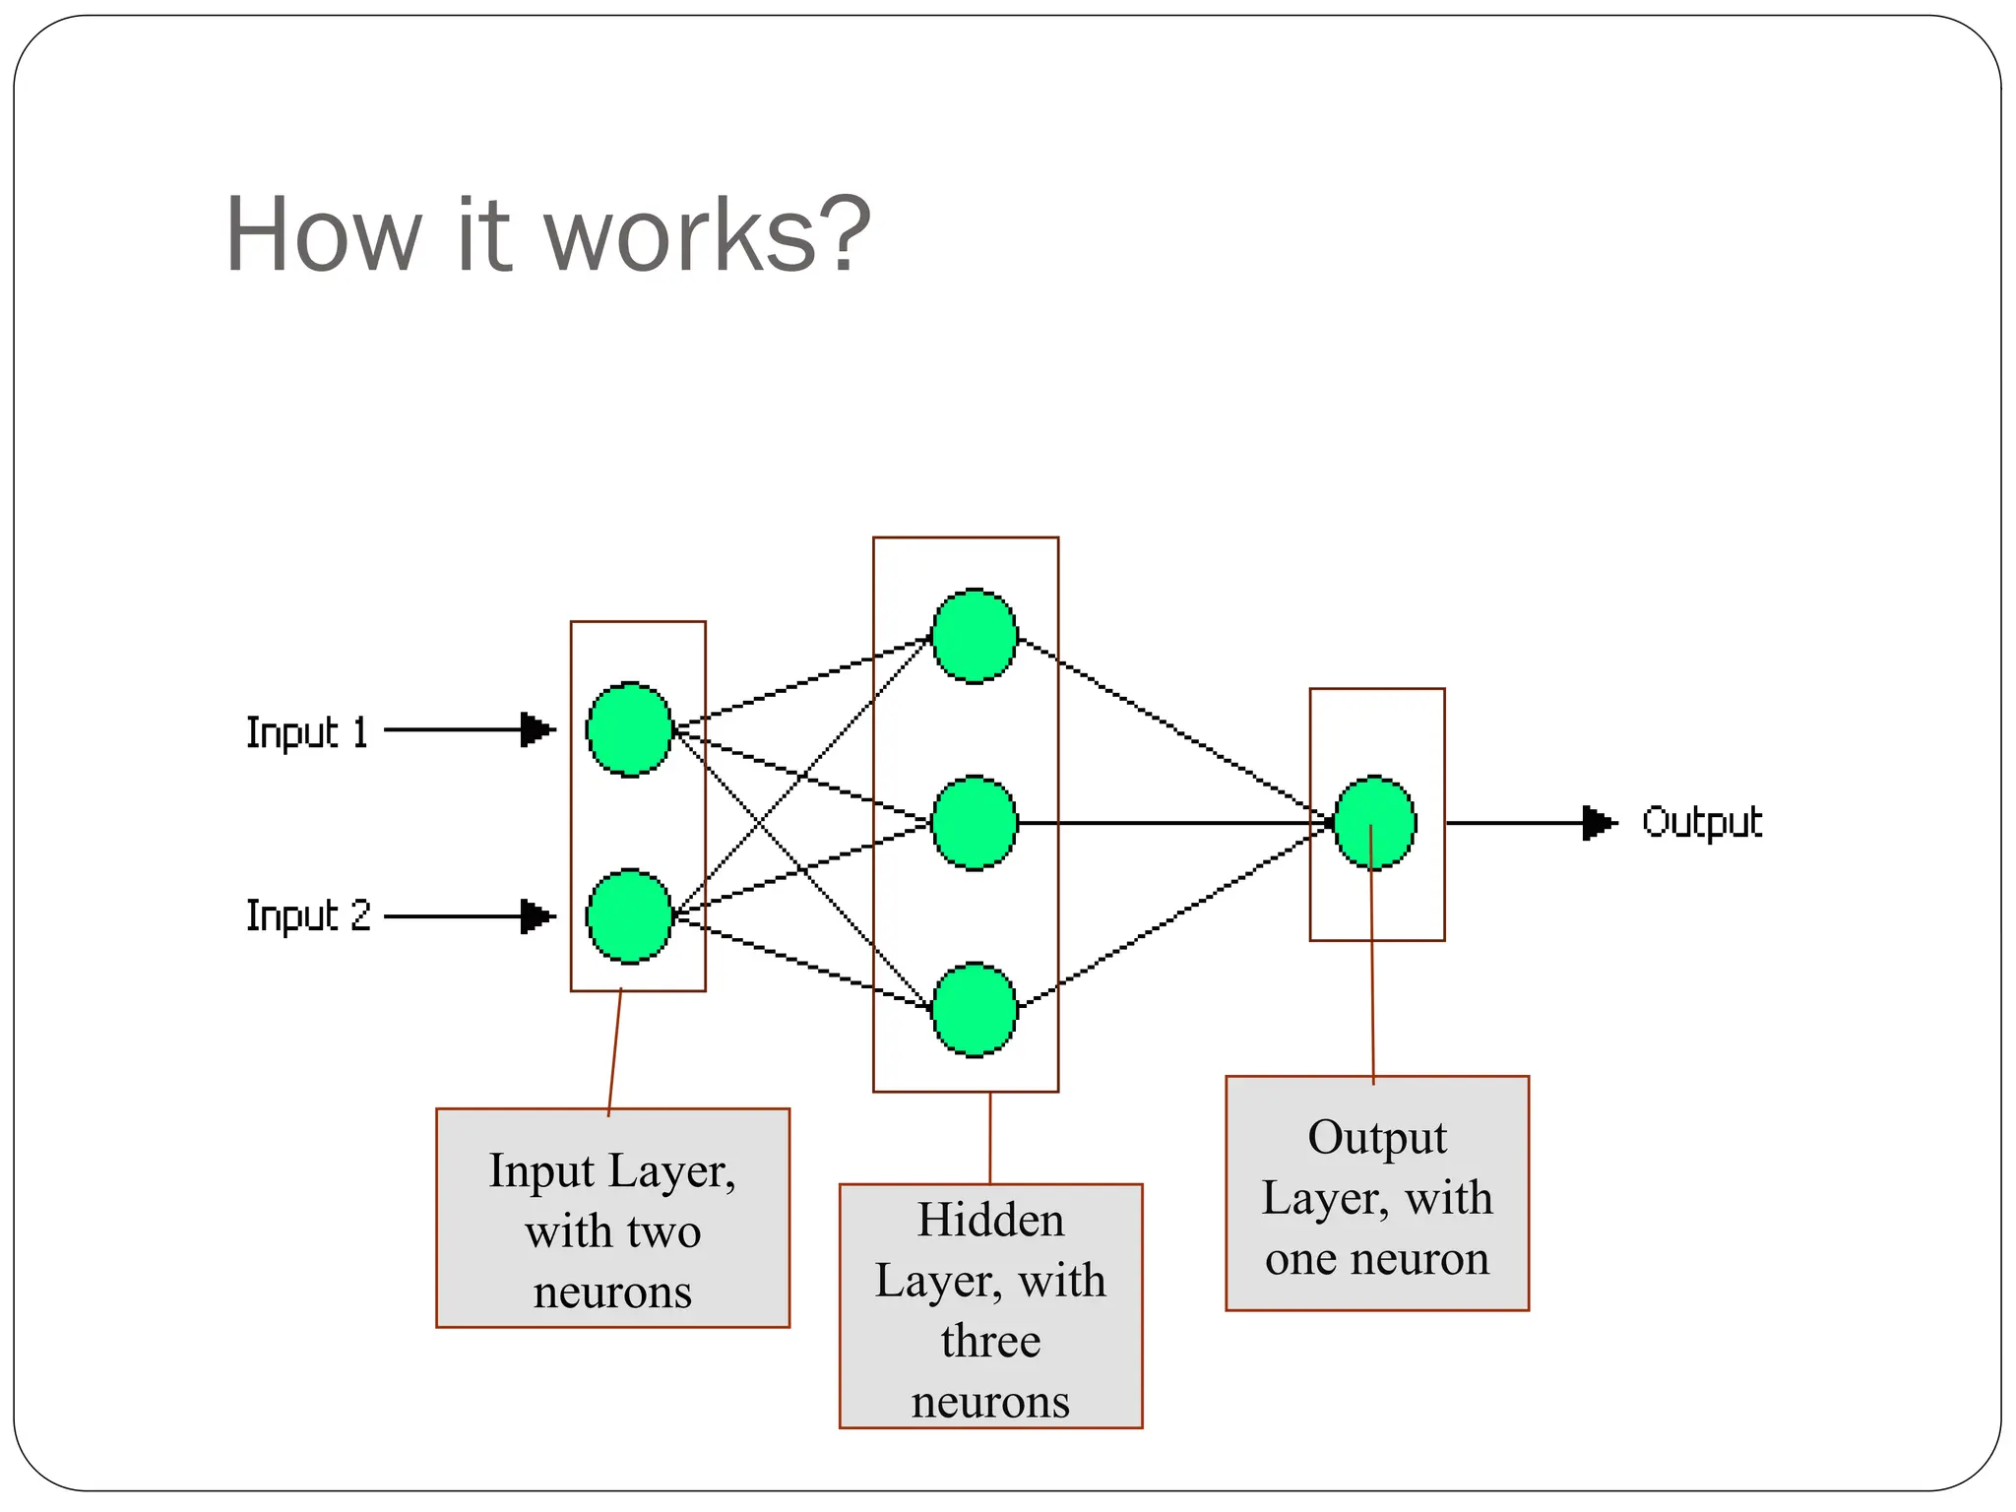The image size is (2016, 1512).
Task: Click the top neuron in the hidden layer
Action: point(975,636)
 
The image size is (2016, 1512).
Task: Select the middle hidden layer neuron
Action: point(975,823)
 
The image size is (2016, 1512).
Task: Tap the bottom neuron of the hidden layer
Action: point(975,1010)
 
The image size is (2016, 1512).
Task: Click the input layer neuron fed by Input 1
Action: point(629,729)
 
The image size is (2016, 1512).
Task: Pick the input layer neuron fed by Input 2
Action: point(629,916)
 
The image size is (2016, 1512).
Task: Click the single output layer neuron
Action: point(1375,823)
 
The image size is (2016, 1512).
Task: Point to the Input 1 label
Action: point(306,732)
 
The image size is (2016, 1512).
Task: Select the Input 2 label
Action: point(307,916)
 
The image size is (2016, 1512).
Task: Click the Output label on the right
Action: point(1702,823)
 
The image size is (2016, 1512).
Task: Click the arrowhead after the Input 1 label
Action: point(536,729)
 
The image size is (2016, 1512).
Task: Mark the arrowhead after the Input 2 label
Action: point(536,916)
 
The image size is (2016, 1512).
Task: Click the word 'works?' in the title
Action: point(707,236)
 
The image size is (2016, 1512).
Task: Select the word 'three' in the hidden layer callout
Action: point(990,1342)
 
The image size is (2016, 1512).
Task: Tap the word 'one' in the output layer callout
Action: point(1299,1259)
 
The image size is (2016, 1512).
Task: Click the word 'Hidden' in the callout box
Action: point(990,1221)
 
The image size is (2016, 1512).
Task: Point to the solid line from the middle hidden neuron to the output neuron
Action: point(1171,822)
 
